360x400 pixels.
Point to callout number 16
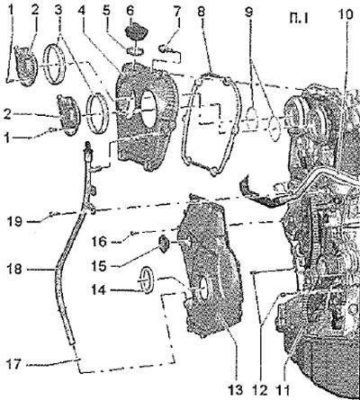click(x=99, y=241)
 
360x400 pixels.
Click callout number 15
click(x=99, y=265)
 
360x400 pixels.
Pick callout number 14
click(x=99, y=289)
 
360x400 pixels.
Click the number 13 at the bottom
click(x=236, y=390)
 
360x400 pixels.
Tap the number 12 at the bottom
click(x=260, y=390)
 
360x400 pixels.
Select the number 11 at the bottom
click(x=283, y=390)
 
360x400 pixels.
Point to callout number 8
click(x=202, y=12)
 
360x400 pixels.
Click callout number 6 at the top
click(x=130, y=11)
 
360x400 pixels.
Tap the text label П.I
click(x=299, y=20)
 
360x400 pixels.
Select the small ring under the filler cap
click(x=135, y=51)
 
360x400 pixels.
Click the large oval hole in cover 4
click(x=149, y=109)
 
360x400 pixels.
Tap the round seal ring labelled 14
click(x=147, y=280)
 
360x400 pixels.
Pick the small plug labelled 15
click(x=164, y=244)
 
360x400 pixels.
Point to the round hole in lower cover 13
click(x=203, y=289)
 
